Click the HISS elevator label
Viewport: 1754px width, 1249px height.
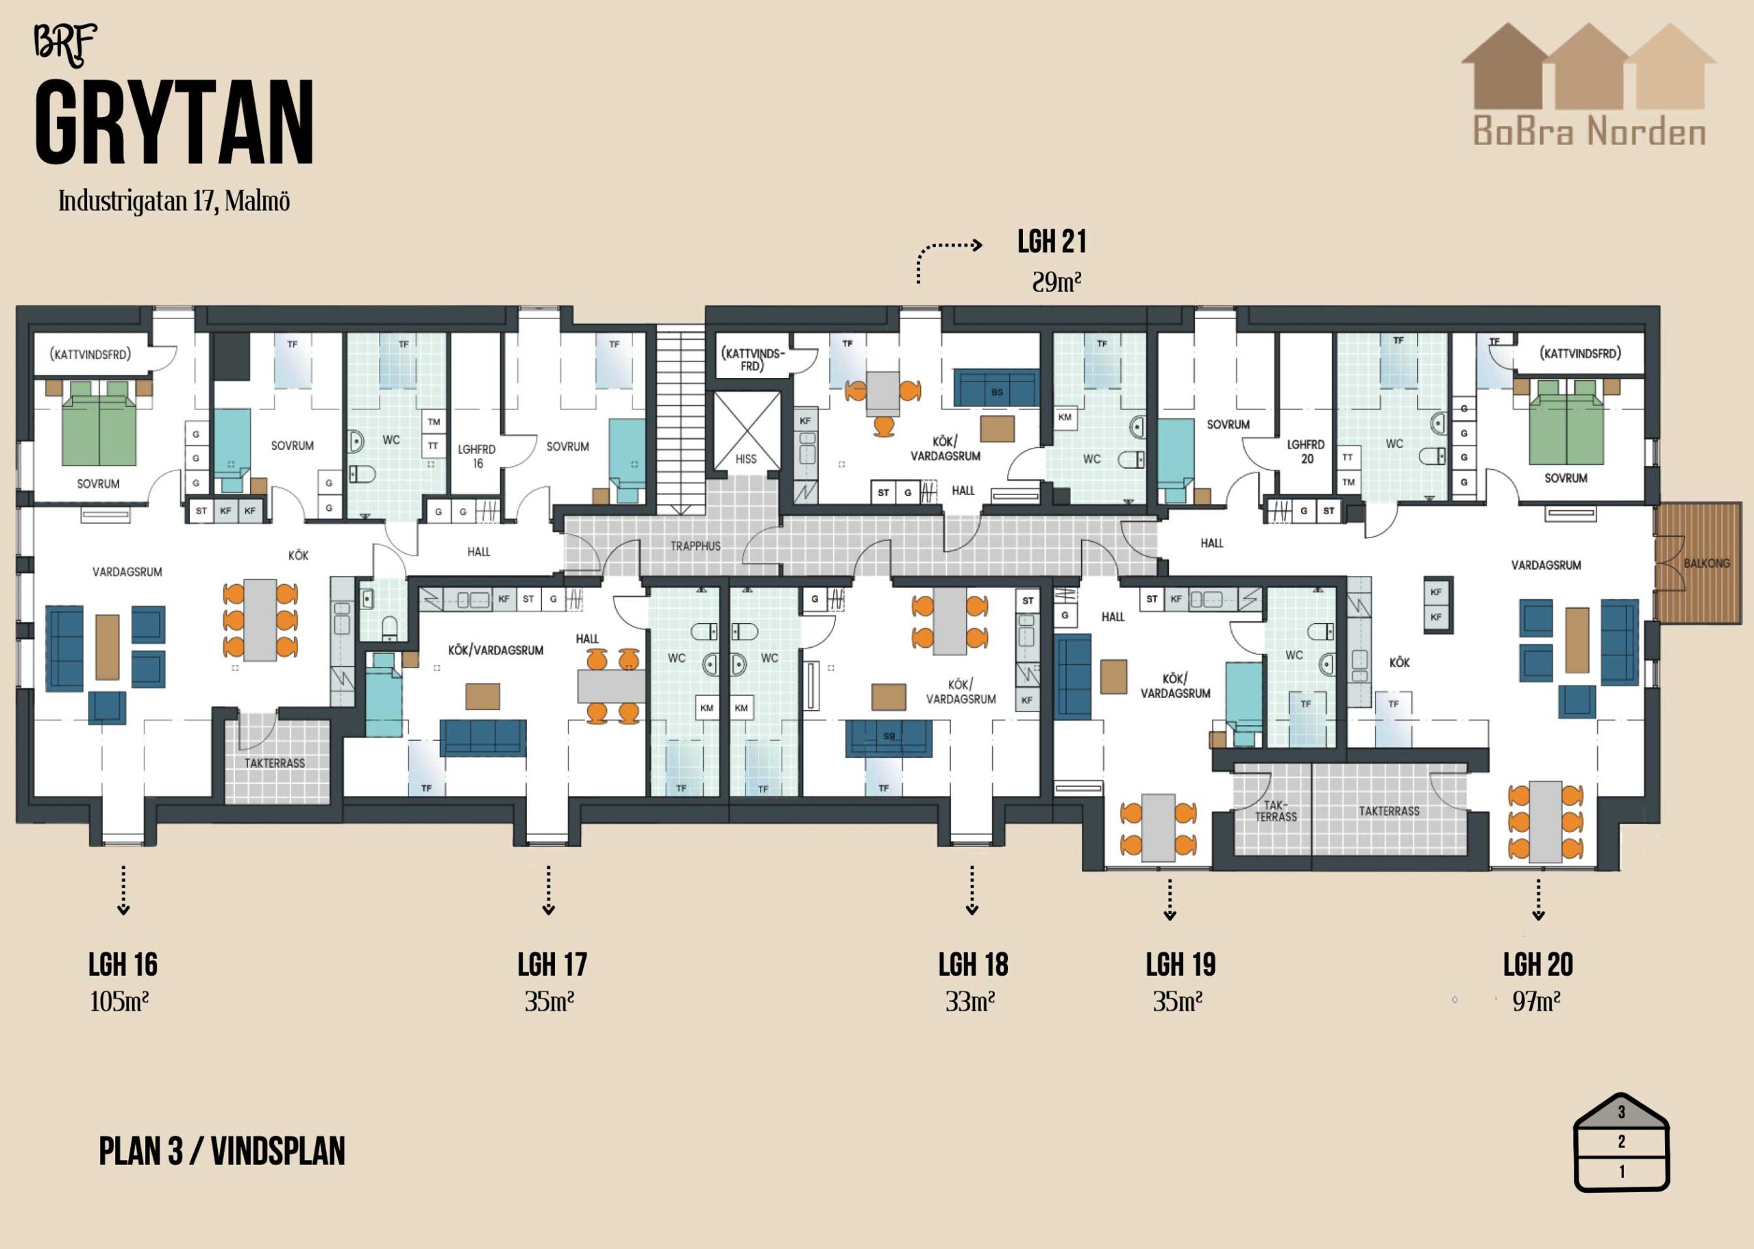tap(745, 459)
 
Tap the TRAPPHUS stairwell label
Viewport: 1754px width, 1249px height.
tap(695, 546)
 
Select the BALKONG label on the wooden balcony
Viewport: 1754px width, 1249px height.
tap(1706, 563)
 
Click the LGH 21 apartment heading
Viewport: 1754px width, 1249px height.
tap(1052, 242)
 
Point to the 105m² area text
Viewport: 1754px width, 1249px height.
tap(119, 1001)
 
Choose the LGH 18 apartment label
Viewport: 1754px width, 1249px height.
tap(973, 964)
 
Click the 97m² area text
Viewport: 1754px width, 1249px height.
tap(1536, 1001)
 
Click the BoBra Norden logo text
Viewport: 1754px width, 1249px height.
tap(1590, 131)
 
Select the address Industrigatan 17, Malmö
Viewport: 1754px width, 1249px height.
tap(174, 201)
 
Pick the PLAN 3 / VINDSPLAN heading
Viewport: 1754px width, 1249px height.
tap(221, 1151)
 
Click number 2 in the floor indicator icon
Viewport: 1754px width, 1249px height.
tap(1622, 1141)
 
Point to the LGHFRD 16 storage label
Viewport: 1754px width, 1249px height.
tap(477, 456)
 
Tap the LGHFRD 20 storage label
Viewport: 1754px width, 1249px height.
tap(1307, 451)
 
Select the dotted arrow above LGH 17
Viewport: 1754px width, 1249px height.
tap(549, 890)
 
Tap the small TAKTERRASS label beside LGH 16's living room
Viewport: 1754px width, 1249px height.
tap(275, 763)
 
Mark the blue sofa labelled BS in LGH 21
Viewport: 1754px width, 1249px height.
tap(997, 388)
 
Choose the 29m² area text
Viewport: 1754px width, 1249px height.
tap(1057, 282)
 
